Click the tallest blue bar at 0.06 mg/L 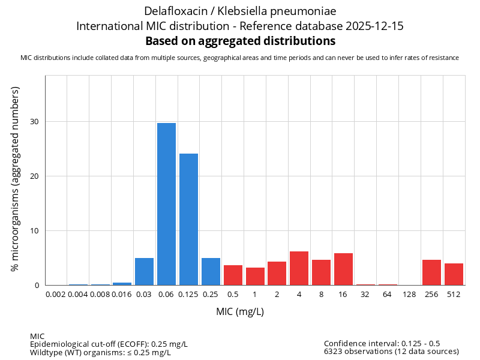[166, 204]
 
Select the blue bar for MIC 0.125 [188, 219]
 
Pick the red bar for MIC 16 [343, 269]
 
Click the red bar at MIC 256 [431, 272]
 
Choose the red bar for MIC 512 [454, 274]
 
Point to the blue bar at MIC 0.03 [144, 271]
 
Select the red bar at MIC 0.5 [233, 275]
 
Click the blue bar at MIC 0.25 [211, 271]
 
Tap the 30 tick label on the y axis [34, 122]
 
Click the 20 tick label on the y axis [34, 176]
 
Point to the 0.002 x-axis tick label [56, 295]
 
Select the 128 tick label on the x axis [409, 295]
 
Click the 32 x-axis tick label [365, 295]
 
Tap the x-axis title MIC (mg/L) [240, 312]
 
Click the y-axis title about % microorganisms [16, 178]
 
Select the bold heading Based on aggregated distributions [240, 41]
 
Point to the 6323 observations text [391, 351]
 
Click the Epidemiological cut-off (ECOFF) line [109, 344]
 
